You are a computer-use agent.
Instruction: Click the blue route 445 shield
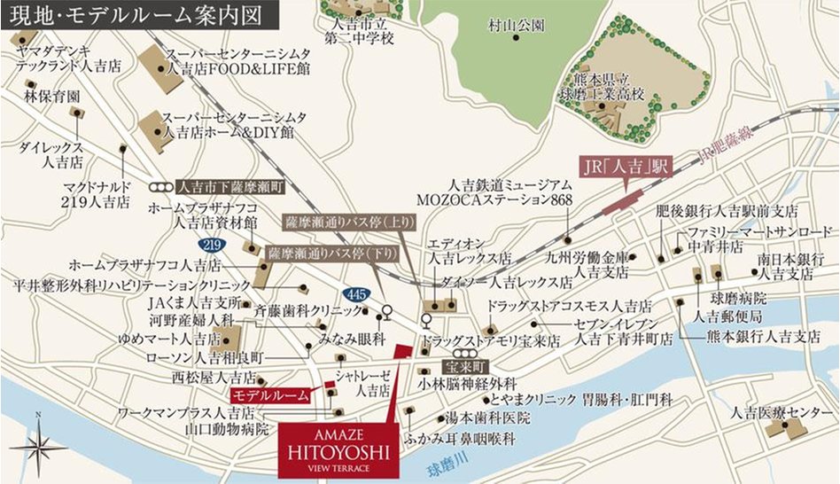click(353, 294)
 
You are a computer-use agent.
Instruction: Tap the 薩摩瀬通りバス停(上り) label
click(341, 219)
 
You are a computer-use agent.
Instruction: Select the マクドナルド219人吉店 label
click(97, 195)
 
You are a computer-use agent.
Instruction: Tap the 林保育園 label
click(52, 95)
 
